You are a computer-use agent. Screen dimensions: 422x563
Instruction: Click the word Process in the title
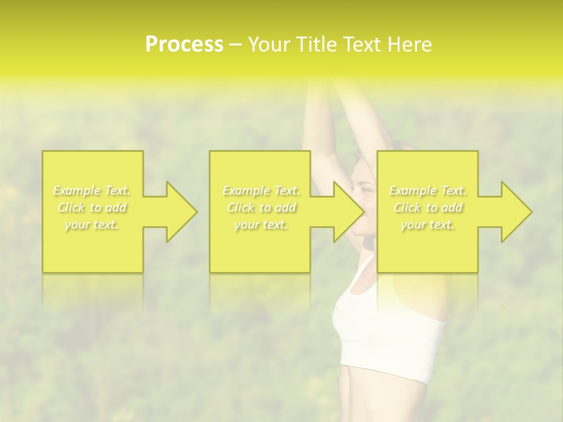[x=184, y=45]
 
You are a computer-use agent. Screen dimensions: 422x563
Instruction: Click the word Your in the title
[x=269, y=45]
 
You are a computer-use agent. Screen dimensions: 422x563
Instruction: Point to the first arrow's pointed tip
[x=196, y=212]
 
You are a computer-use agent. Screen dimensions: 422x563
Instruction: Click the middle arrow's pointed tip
[x=364, y=212]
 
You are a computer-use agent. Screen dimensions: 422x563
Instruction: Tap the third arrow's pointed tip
[x=531, y=212]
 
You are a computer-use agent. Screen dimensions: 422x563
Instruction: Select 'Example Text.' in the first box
[x=91, y=190]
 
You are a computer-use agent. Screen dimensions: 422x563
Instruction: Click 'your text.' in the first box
[x=91, y=224]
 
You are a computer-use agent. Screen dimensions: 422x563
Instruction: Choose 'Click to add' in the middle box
[x=261, y=207]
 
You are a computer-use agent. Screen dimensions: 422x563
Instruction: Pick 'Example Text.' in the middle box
[x=261, y=190]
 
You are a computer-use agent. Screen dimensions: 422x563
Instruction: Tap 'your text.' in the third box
[x=428, y=224]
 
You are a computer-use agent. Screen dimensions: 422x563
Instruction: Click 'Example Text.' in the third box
[x=428, y=190]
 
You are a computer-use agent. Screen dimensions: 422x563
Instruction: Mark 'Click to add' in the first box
[x=91, y=207]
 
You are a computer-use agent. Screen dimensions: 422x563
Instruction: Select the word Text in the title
[x=364, y=45]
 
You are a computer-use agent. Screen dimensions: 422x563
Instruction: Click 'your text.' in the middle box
[x=261, y=224]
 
